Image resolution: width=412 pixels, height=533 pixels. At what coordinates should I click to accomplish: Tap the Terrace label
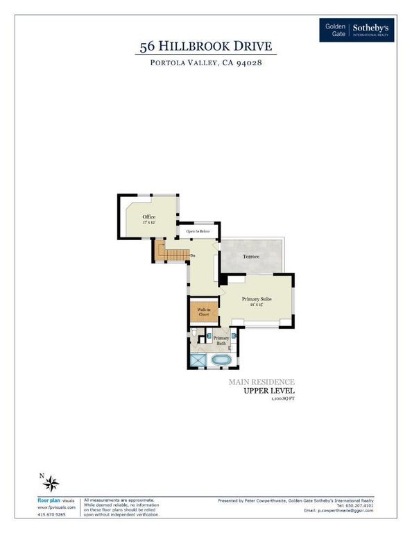coord(250,257)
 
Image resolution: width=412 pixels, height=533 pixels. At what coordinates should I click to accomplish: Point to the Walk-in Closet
coord(204,312)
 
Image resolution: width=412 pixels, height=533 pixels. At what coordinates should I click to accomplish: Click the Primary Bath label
coord(221,340)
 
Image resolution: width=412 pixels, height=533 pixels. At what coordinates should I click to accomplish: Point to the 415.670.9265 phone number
coord(52,514)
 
